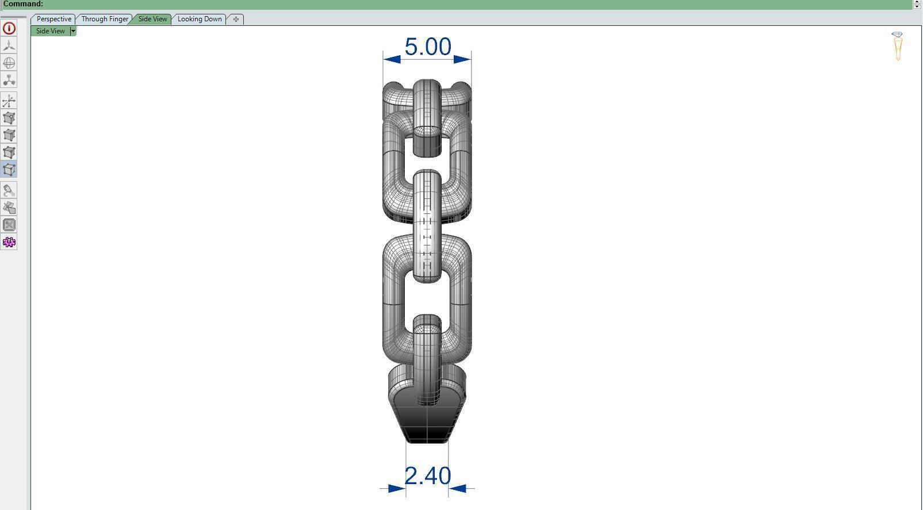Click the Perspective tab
[x=53, y=19]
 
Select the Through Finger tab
[x=105, y=19]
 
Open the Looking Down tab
[x=200, y=19]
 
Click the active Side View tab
[x=152, y=19]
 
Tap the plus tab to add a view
[x=236, y=19]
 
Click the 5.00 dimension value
[x=428, y=47]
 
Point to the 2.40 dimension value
[x=428, y=476]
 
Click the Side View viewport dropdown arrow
[x=73, y=31]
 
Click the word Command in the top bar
[x=23, y=4]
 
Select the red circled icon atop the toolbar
[x=9, y=28]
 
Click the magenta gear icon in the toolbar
[x=9, y=242]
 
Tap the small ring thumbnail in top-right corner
[x=898, y=46]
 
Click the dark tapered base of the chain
[x=427, y=423]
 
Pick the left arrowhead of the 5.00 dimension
[x=392, y=59]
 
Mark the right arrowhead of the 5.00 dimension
[x=463, y=59]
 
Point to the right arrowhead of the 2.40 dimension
[x=457, y=489]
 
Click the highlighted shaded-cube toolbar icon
[x=9, y=170]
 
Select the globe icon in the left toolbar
[x=9, y=63]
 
